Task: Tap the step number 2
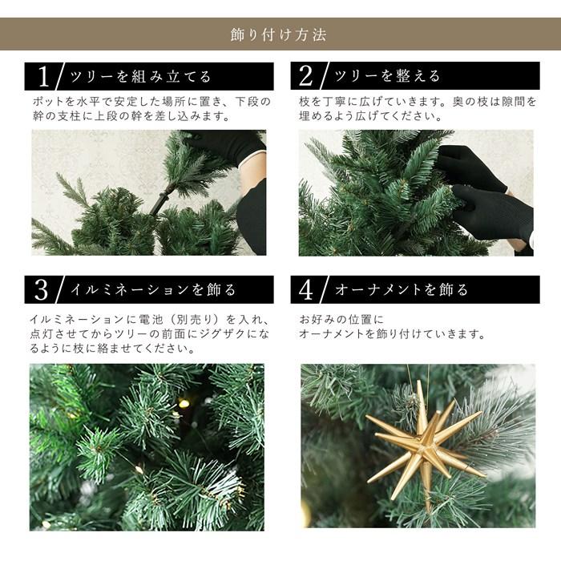click(305, 76)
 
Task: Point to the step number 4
click(305, 289)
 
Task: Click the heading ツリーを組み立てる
click(141, 77)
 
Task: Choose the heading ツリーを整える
click(387, 77)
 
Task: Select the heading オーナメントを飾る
click(401, 289)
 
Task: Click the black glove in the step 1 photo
click(228, 144)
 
